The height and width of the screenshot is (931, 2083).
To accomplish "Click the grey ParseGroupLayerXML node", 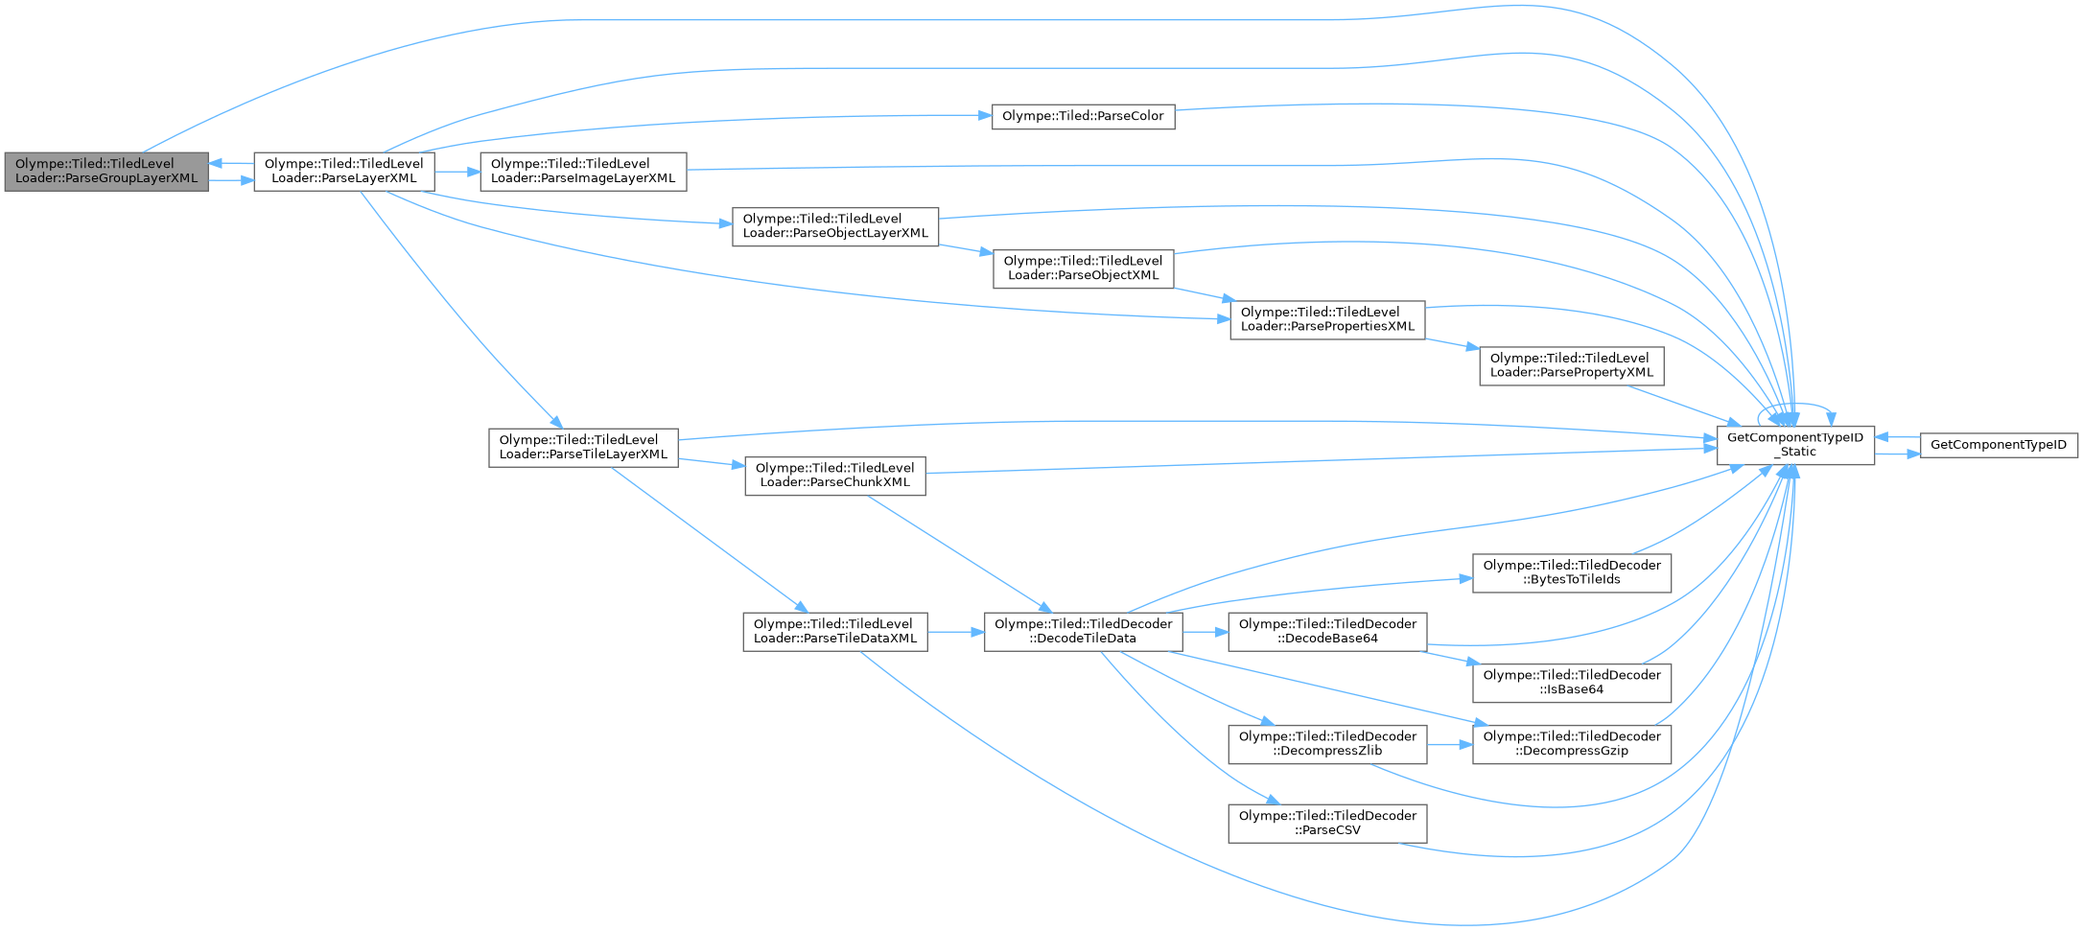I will click(105, 171).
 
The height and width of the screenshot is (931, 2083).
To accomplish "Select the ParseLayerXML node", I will click(343, 171).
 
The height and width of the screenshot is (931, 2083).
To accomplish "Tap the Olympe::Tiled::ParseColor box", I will click(1082, 116).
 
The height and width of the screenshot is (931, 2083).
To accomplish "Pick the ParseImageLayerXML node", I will click(582, 171).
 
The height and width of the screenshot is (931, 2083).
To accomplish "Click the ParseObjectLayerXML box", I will click(834, 226).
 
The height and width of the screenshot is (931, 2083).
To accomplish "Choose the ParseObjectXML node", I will click(1083, 268).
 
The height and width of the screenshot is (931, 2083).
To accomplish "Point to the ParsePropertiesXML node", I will click(1327, 319).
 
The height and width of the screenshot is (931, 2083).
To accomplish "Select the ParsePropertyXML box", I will click(1571, 365).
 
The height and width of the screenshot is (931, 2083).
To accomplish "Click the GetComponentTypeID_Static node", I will click(1794, 445).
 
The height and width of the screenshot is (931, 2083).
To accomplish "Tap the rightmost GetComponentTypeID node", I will click(1998, 445).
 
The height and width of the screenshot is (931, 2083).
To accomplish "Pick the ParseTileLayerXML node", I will click(583, 447).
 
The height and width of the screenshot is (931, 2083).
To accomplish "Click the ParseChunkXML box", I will click(834, 475).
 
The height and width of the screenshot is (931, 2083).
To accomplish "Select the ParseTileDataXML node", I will click(834, 631).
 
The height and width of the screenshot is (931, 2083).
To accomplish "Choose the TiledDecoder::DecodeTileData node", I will click(1083, 631).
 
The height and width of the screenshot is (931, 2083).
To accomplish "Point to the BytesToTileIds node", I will click(1571, 572).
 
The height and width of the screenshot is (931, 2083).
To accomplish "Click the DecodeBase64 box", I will click(1327, 631).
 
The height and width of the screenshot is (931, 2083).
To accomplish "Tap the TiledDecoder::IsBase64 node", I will click(1571, 682).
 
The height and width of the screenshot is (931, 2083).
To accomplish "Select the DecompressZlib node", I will click(1327, 743).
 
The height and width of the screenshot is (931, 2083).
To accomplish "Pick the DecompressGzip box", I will click(1571, 743).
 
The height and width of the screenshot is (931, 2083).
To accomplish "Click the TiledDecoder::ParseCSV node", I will click(1327, 823).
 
